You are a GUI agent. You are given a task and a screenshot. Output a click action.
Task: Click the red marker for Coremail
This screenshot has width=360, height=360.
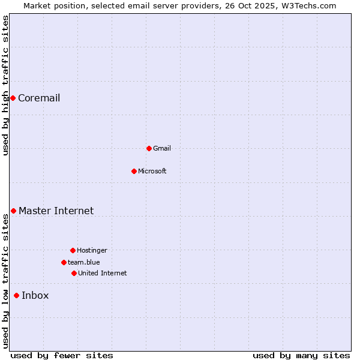(13, 98)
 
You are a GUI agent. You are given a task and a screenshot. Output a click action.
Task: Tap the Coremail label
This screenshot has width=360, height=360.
(39, 98)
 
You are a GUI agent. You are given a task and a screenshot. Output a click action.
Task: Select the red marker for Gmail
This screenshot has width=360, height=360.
(149, 148)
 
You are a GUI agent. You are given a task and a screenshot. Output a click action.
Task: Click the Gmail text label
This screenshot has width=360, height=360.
(162, 148)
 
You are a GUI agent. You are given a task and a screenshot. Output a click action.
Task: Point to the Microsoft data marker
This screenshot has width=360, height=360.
(134, 171)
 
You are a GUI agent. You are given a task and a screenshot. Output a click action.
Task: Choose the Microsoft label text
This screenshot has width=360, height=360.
(152, 171)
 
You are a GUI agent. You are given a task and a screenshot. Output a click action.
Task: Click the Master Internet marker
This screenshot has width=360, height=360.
(13, 211)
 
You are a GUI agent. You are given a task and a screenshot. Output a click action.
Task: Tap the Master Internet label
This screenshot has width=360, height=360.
(56, 211)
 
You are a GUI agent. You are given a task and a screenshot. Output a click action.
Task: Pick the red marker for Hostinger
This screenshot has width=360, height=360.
(73, 250)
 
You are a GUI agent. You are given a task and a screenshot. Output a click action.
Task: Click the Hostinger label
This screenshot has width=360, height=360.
(92, 250)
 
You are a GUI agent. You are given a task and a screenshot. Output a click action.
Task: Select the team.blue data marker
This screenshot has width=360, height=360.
(64, 262)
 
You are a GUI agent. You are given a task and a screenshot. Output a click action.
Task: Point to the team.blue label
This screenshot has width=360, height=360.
(84, 262)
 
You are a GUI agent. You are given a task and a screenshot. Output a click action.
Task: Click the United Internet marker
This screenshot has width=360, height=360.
(74, 273)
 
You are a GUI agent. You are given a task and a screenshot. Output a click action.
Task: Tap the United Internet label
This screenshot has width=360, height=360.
(103, 273)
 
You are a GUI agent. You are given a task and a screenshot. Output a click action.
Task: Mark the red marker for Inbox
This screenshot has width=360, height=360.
(16, 295)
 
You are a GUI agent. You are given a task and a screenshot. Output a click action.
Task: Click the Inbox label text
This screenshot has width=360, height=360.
(35, 295)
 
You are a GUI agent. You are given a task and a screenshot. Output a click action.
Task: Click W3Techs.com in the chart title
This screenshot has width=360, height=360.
(310, 5)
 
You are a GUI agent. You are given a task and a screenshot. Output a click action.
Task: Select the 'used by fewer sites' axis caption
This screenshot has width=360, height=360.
(62, 355)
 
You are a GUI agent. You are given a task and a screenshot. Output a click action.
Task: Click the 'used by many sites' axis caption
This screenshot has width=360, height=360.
(301, 355)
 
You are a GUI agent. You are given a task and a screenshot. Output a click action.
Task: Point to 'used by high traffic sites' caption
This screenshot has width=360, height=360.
(5, 86)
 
